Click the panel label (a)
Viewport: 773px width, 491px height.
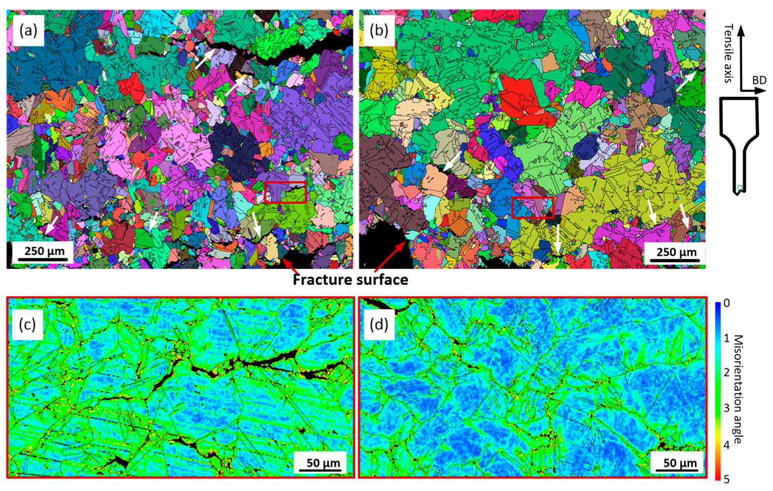click(28, 31)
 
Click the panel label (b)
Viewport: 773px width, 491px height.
click(379, 31)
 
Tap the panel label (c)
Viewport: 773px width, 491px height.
click(27, 324)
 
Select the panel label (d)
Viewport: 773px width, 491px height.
click(379, 324)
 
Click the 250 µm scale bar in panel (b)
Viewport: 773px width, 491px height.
click(676, 254)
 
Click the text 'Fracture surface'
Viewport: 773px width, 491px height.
click(350, 280)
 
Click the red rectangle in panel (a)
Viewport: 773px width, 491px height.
click(285, 193)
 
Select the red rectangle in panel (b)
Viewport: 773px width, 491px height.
click(533, 207)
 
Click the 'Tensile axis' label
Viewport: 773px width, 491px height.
click(728, 53)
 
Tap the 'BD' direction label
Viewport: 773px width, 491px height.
click(759, 80)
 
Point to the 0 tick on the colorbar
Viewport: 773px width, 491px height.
click(727, 303)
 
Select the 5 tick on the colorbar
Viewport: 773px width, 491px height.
click(727, 479)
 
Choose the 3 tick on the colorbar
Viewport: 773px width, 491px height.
click(727, 409)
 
